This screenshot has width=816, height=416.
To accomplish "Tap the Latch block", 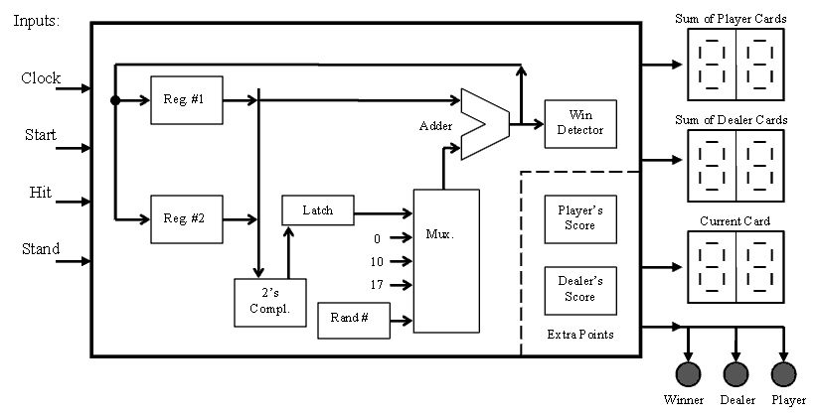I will [317, 210].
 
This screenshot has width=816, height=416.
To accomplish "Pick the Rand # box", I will [353, 320].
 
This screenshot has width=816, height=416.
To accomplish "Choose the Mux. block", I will [446, 260].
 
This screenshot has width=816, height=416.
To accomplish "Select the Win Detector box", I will [573, 123].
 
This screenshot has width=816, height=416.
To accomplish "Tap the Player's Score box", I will [579, 218].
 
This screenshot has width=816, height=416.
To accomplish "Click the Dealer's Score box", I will [579, 289].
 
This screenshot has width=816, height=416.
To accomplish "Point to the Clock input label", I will [41, 78].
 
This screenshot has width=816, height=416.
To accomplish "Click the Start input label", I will [41, 136].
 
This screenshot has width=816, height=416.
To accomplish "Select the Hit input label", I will [41, 193].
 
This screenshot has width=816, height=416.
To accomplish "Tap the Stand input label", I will [41, 249].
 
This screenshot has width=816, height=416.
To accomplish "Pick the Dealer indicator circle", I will [735, 373].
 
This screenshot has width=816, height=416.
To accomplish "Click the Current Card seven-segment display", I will [735, 267].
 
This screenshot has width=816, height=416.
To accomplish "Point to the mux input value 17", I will [376, 285].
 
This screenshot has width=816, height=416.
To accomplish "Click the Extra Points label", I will [579, 335].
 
